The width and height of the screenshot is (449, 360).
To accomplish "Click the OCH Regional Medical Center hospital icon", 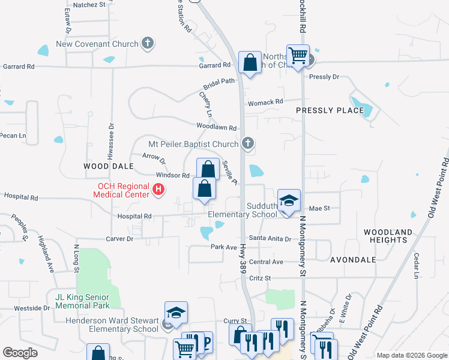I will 158,190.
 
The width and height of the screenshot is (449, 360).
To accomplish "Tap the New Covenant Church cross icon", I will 148,43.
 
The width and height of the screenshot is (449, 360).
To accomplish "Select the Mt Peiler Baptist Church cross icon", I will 247,144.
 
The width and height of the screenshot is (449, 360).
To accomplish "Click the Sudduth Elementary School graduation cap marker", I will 289,200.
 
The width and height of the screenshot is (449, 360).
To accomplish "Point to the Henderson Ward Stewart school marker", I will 176,313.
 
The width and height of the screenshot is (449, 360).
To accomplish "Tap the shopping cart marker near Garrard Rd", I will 298,56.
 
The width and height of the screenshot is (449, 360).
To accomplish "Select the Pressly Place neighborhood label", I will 330,110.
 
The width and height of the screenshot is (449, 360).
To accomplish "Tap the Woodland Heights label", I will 388,236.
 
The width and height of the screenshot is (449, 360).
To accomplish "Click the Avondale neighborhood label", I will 353,260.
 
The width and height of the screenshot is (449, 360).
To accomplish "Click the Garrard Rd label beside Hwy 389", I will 215,65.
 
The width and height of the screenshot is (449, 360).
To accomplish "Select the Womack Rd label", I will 266,102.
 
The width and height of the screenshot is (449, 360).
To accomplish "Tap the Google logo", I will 20,353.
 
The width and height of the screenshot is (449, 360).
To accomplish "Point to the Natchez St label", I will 89,4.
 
